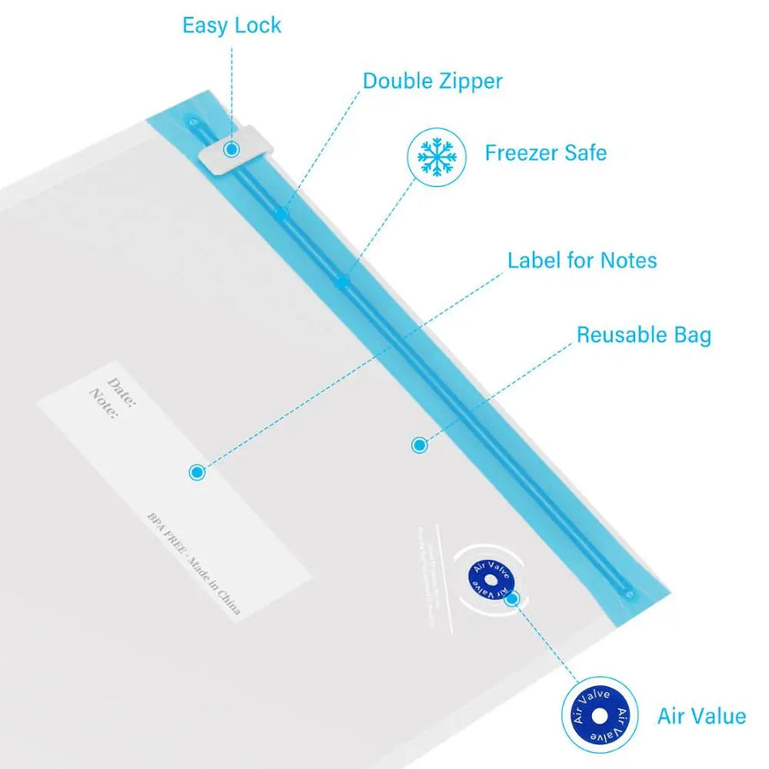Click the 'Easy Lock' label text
click(232, 26)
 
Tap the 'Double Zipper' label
click(432, 82)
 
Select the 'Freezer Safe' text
click(546, 154)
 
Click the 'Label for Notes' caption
click(582, 261)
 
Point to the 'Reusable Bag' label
click(643, 335)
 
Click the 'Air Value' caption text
click(701, 716)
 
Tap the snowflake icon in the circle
click(437, 156)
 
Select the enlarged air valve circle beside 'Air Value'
click(600, 715)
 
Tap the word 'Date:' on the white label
click(121, 387)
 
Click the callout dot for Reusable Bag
click(419, 444)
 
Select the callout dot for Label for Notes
click(197, 472)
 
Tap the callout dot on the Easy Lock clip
click(231, 150)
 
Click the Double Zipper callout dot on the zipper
click(281, 212)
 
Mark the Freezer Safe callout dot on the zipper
click(343, 281)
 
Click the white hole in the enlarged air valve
click(600, 715)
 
